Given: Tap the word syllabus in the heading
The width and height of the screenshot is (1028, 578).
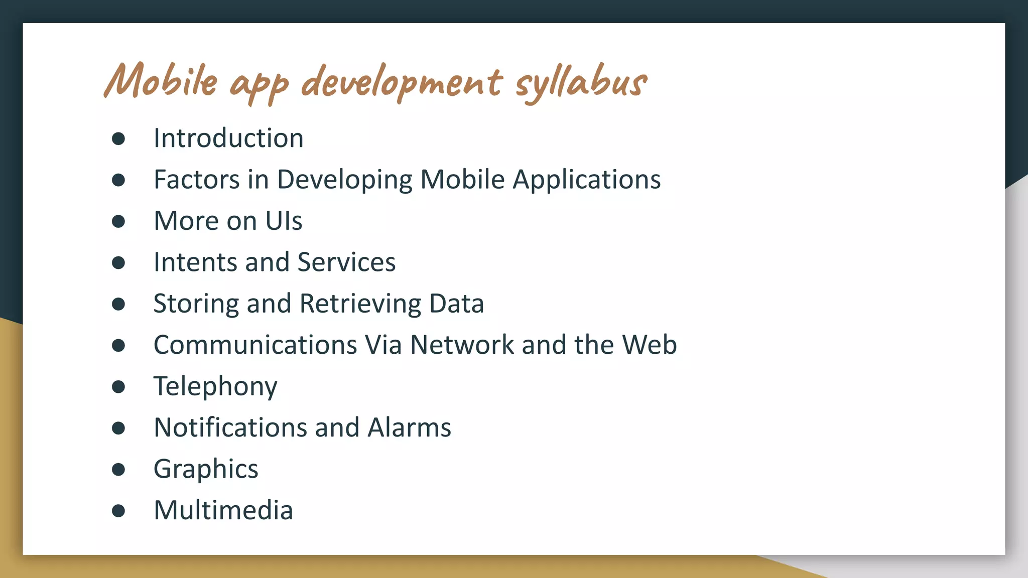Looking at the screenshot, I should (x=581, y=82).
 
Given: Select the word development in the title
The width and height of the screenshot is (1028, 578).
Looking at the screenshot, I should (x=401, y=82).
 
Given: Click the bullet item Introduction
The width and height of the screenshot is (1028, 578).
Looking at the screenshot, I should (x=228, y=138).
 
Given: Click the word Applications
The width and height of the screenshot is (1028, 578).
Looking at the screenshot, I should (x=586, y=180).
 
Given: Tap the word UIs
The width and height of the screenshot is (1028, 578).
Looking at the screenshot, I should (x=284, y=221).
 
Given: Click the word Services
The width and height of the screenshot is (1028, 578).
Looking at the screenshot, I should (x=346, y=262).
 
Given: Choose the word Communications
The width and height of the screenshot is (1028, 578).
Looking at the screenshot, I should (x=255, y=345).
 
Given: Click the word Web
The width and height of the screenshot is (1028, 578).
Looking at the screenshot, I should (x=650, y=345).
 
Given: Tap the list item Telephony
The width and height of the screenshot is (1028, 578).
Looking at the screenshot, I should (x=215, y=386).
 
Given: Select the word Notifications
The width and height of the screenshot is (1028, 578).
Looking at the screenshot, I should (x=230, y=427).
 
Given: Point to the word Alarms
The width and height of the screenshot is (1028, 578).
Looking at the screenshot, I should (x=409, y=427).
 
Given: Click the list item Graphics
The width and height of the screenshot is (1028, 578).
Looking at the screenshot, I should (x=206, y=470).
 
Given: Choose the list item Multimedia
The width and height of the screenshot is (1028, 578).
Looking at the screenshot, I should (x=223, y=510).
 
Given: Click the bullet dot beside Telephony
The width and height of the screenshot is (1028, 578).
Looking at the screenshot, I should (x=118, y=387).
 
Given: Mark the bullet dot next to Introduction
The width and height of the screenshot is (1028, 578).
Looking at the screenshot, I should (x=118, y=138).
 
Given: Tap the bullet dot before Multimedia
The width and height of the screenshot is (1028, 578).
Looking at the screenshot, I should (x=118, y=511).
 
